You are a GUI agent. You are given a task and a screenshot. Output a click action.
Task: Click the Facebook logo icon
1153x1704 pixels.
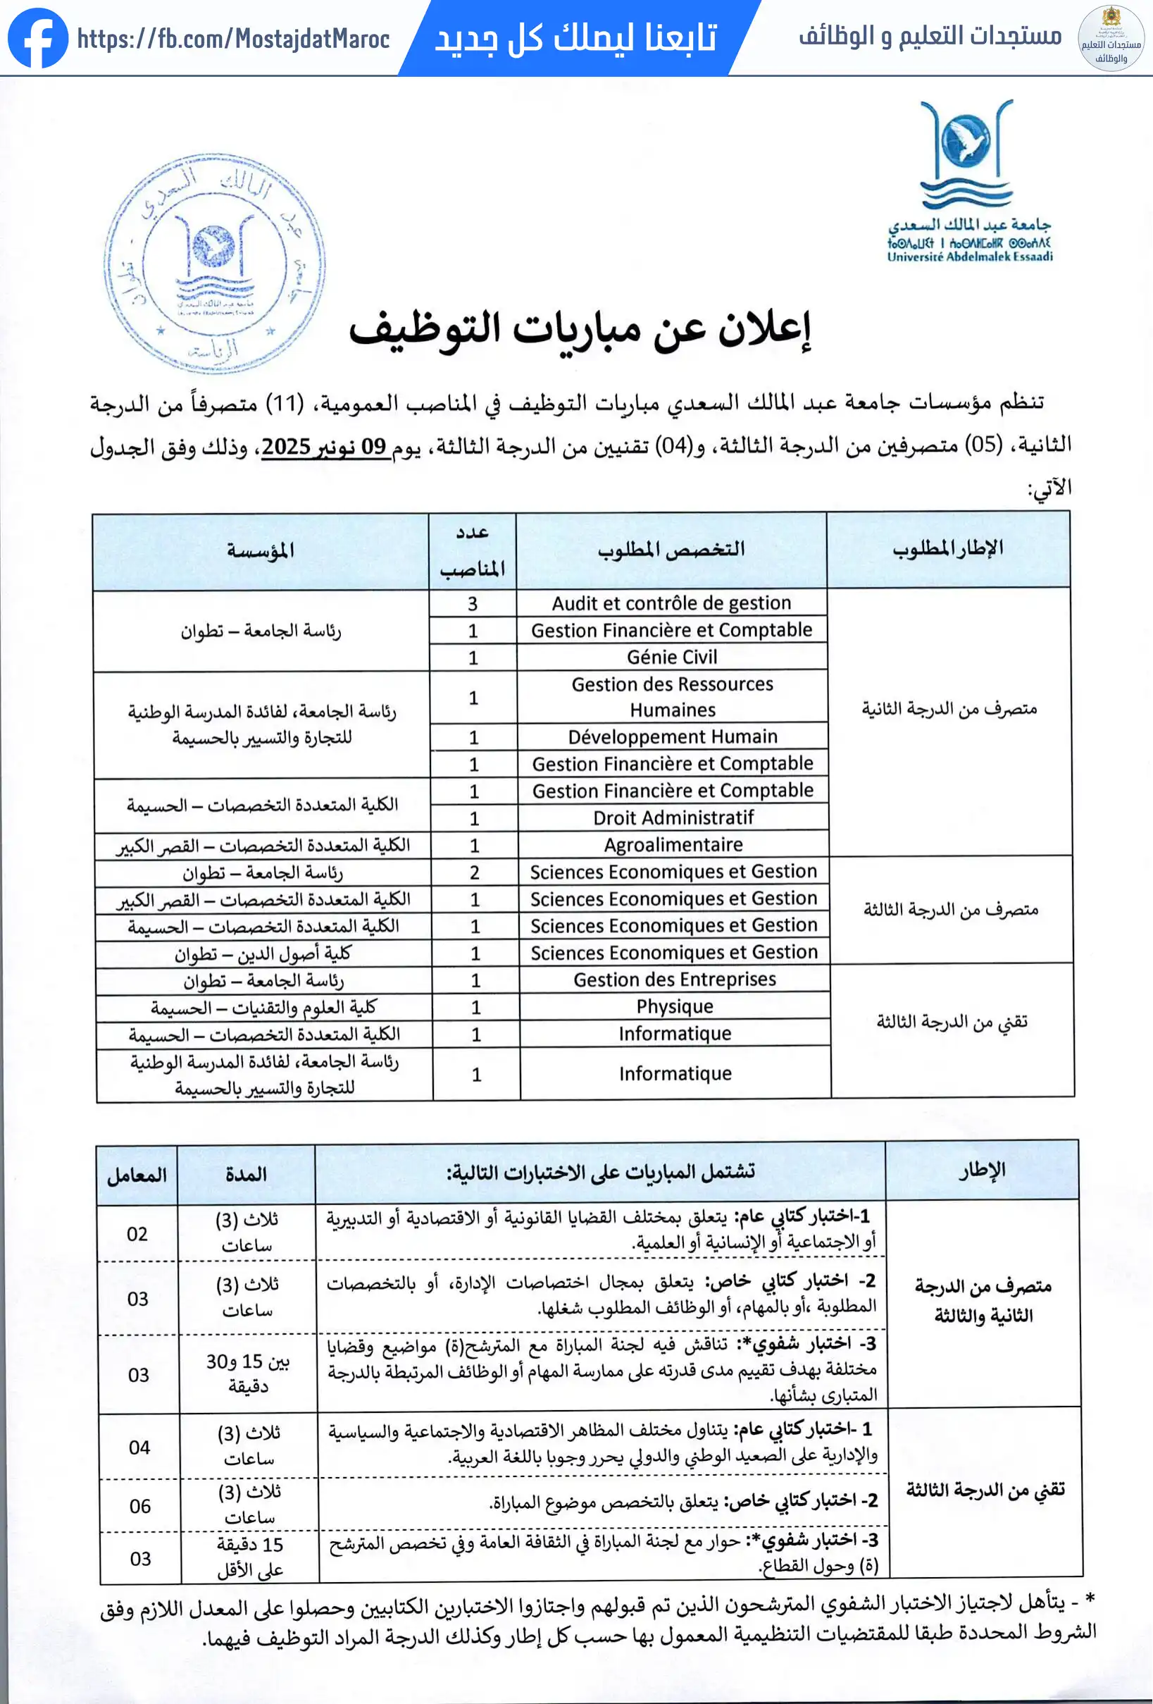[37, 38]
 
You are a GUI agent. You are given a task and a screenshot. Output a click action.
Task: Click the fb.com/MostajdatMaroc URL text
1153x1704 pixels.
[233, 39]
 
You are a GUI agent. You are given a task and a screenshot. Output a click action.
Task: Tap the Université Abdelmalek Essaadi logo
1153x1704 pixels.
[969, 180]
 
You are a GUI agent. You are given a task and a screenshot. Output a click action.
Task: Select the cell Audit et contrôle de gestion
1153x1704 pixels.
[671, 603]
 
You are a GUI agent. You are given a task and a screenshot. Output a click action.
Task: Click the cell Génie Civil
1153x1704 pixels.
[671, 657]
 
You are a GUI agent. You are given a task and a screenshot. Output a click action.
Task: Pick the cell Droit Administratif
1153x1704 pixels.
[673, 817]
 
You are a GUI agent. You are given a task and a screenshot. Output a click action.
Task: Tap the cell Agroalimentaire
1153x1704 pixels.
[673, 845]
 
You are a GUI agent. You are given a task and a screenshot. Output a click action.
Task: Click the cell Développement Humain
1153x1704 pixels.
[672, 736]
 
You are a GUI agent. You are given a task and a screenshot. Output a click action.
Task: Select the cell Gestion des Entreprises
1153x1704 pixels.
[674, 980]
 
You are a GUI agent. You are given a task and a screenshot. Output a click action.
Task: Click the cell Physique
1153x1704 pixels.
[674, 1007]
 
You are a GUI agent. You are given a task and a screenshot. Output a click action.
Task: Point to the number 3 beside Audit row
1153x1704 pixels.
[473, 603]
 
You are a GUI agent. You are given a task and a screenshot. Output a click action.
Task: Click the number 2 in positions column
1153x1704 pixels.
[474, 872]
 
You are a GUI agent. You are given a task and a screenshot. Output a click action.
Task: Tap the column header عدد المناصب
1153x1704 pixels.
[472, 550]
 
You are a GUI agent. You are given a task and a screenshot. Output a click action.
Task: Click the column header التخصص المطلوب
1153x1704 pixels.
[671, 550]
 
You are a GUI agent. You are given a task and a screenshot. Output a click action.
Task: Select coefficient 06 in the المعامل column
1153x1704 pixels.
[140, 1506]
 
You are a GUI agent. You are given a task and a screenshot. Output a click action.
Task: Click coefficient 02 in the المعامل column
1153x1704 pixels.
[137, 1234]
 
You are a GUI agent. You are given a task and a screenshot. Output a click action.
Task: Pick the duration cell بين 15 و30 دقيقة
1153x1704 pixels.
[248, 1373]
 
